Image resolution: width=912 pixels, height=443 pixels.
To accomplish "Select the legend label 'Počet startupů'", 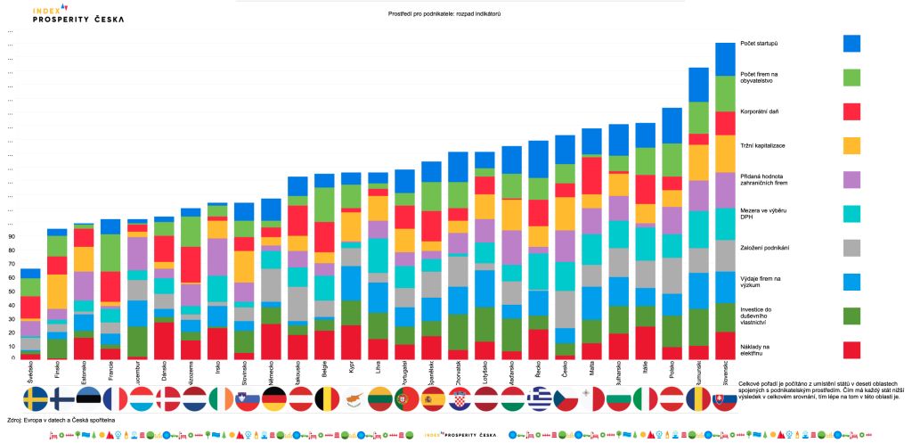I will point(760,43).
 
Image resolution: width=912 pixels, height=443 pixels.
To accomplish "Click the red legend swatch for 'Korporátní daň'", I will point(851,111).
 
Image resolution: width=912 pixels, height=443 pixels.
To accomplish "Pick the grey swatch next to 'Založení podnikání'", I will point(851,247).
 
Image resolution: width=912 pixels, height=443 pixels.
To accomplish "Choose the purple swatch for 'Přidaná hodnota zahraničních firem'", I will point(851,179).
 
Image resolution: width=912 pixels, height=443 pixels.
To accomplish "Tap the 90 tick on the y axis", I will point(12,237).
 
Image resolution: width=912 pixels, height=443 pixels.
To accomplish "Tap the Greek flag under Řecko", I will point(539,398).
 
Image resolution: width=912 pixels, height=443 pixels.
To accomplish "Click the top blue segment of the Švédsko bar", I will point(31,274).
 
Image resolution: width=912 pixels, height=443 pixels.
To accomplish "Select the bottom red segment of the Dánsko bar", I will point(164,340).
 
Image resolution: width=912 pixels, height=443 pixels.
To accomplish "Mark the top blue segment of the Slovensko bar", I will point(724,59).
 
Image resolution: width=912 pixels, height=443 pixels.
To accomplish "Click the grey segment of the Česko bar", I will point(565,310).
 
